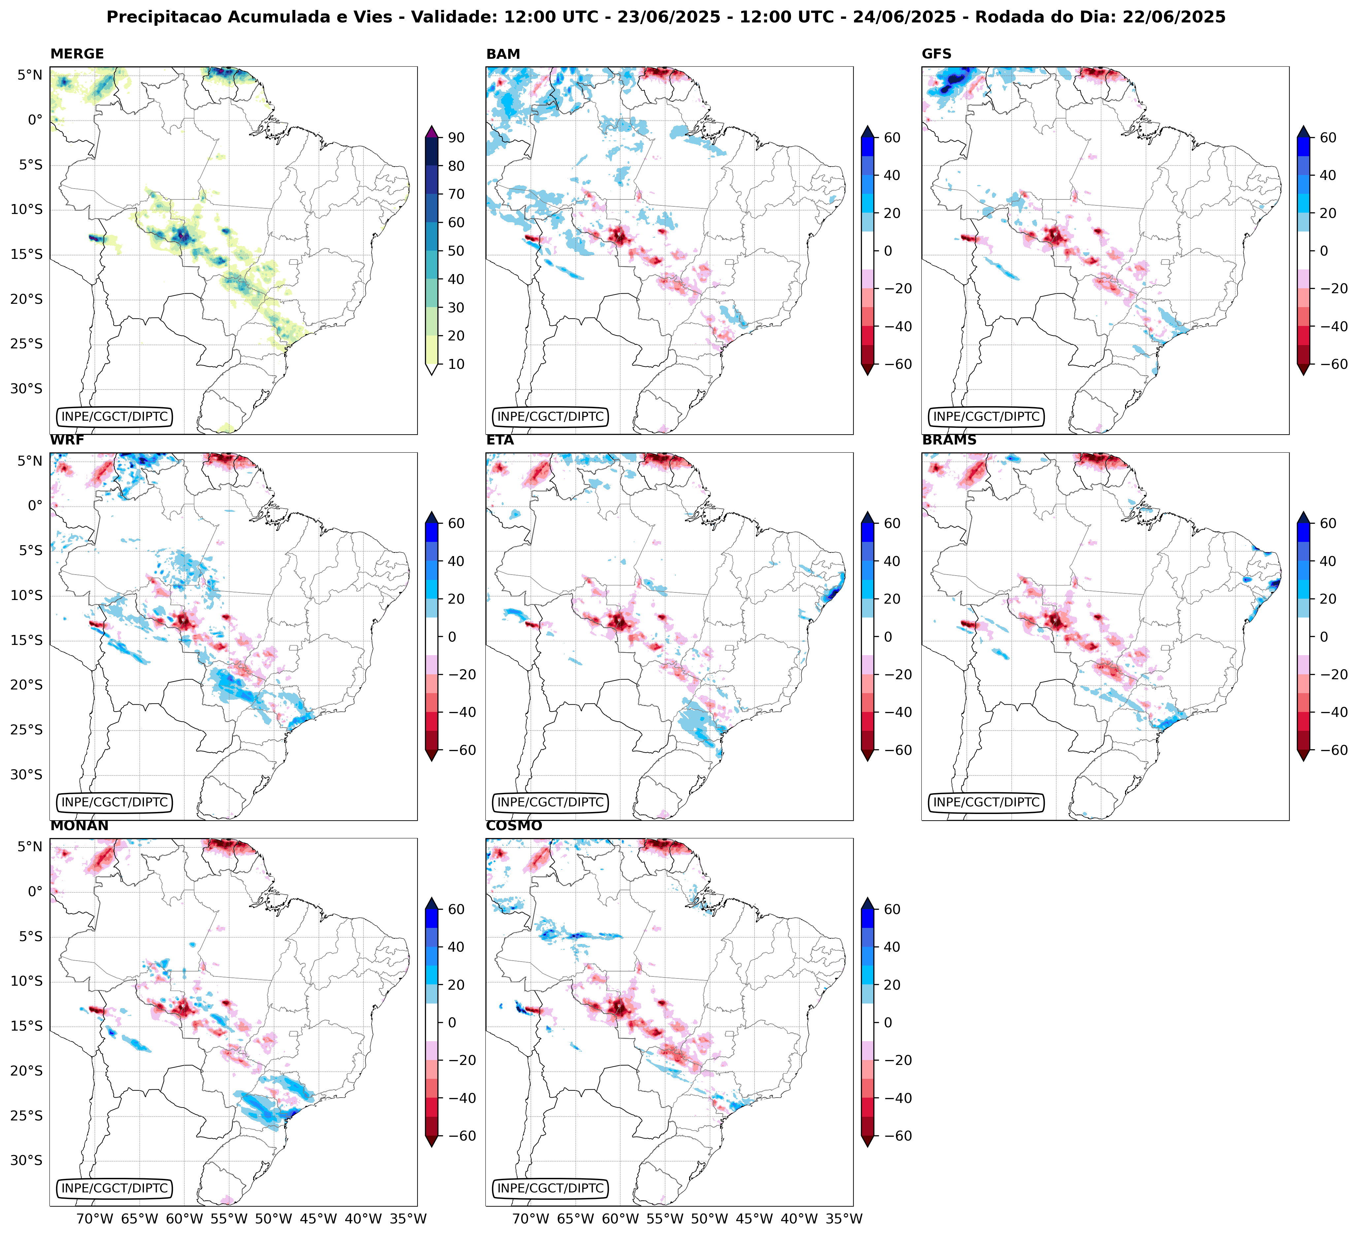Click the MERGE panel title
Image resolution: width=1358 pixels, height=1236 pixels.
77,54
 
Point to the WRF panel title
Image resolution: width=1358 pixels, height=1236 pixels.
67,440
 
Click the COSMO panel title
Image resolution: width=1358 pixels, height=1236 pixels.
513,826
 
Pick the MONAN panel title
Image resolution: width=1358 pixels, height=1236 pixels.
79,826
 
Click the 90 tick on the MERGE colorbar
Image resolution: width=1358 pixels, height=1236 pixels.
456,137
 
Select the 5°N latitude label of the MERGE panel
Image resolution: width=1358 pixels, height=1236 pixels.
29,75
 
